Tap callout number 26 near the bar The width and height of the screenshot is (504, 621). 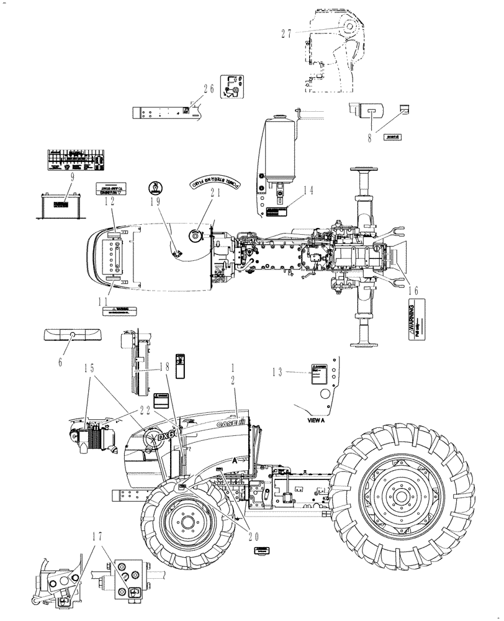(x=208, y=89)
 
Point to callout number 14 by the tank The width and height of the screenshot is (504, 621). (x=308, y=191)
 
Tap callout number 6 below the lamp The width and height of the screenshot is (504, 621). (x=60, y=359)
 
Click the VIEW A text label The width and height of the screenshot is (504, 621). (x=318, y=419)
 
